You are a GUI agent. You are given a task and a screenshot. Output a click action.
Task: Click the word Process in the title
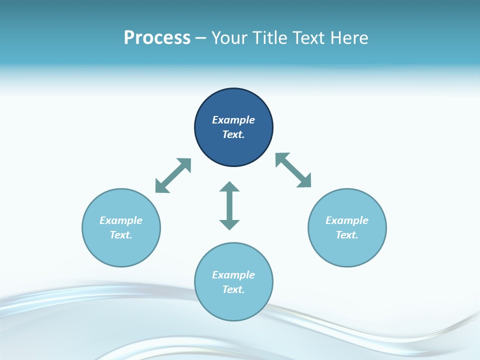[x=157, y=38]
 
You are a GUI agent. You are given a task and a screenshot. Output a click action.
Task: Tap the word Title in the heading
[x=270, y=38]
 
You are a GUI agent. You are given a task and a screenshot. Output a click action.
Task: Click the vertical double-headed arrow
[x=229, y=206]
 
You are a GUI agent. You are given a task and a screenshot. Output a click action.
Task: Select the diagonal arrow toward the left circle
[x=173, y=175]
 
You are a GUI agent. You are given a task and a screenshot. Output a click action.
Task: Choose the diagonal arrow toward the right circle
[x=293, y=170]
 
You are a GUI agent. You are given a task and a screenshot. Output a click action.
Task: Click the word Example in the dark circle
[x=233, y=120]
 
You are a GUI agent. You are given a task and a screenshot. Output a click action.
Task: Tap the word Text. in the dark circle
[x=233, y=134]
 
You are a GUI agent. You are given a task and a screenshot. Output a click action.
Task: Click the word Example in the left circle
[x=121, y=220]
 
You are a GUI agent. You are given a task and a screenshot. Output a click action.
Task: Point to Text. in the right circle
[x=347, y=235]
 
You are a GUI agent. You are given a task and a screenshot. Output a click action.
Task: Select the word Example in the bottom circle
[x=233, y=275]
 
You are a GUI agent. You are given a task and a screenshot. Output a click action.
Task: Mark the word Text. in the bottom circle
[x=233, y=289]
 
